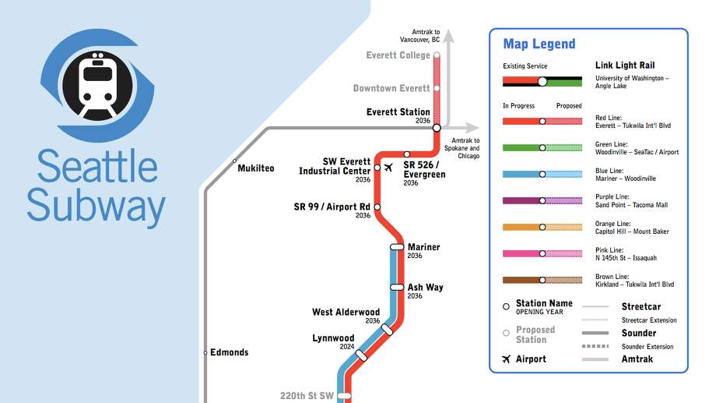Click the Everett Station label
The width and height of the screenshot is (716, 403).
click(x=398, y=112)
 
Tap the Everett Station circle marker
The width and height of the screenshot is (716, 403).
click(x=437, y=127)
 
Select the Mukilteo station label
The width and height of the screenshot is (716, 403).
click(x=255, y=168)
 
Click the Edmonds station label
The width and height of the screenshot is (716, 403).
click(x=229, y=352)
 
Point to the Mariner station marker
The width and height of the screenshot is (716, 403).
click(x=397, y=247)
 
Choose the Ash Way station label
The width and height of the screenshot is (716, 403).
click(x=425, y=288)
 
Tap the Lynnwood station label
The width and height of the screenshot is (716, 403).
click(x=333, y=338)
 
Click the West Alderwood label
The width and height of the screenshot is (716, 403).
click(x=346, y=313)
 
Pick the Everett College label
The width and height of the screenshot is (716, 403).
click(x=398, y=55)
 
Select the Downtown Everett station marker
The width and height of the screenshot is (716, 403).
click(x=437, y=88)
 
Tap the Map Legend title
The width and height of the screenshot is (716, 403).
click(x=539, y=44)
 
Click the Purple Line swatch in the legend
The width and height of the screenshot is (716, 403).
click(x=542, y=201)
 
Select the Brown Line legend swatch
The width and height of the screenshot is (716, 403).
click(x=542, y=280)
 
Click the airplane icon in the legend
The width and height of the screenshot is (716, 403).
click(x=507, y=359)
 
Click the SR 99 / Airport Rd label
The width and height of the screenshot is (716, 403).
click(x=332, y=207)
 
